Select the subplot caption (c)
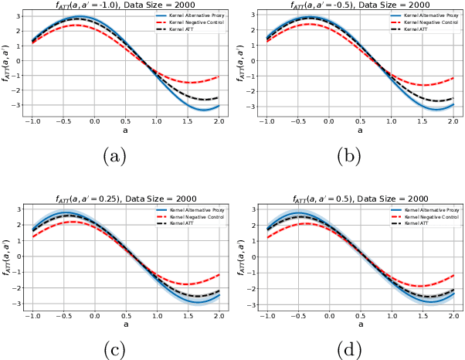pyautogui.click(x=115, y=348)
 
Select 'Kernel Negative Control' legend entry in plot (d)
pyautogui.click(x=428, y=217)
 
